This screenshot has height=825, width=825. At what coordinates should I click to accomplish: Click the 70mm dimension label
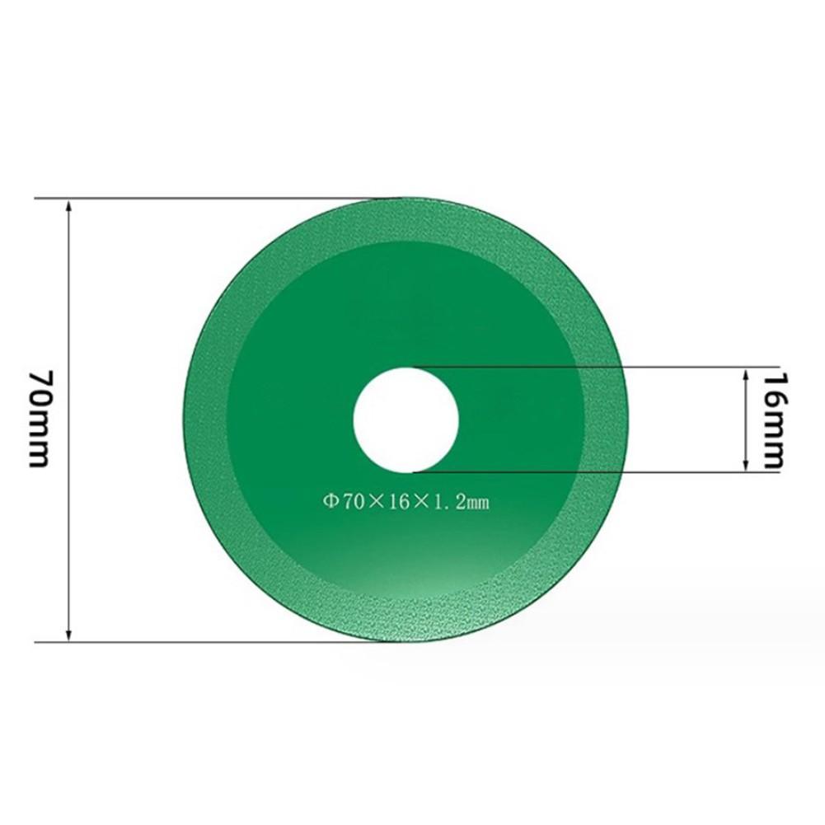(41, 419)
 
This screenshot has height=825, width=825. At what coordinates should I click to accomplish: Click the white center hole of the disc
(405, 419)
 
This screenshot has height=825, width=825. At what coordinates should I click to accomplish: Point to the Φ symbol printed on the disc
(327, 499)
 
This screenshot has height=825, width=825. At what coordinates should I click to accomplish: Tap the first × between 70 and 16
(376, 499)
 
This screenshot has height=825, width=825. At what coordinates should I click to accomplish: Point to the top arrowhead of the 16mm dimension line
(746, 373)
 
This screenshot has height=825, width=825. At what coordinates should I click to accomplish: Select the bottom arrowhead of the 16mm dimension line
(746, 465)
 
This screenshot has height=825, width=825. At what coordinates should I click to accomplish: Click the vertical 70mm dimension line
(69, 330)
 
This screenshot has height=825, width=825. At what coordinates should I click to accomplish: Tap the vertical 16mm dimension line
(746, 419)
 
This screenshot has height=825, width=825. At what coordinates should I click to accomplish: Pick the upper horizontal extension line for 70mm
(206, 198)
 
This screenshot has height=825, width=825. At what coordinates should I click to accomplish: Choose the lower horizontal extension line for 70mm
(206, 640)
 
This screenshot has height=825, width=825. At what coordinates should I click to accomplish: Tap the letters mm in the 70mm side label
(41, 441)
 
